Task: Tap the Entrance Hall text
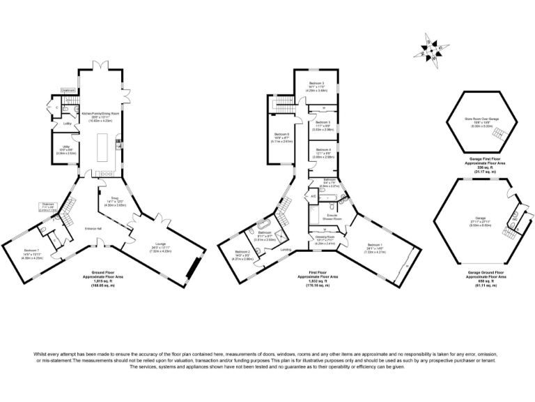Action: pos(94,229)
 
